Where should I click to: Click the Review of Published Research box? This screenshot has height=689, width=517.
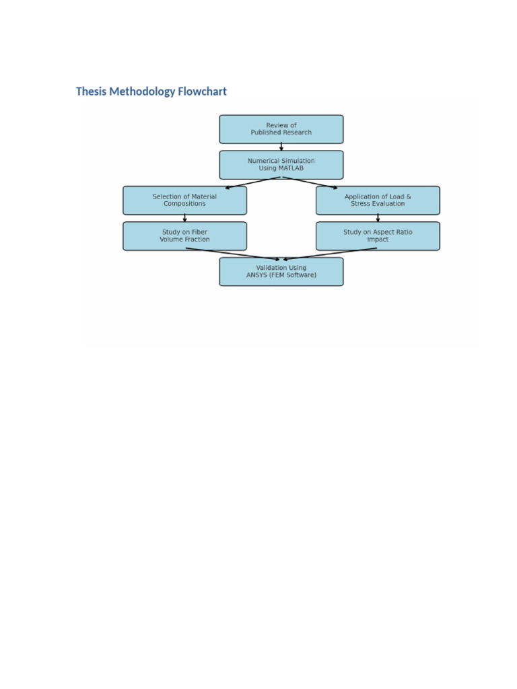(281, 129)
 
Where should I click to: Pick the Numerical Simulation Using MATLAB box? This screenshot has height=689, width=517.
(281, 165)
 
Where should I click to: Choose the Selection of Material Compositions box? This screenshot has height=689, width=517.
(184, 201)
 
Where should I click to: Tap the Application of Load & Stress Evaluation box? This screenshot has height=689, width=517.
(378, 201)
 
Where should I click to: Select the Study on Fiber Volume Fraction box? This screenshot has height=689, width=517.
(184, 236)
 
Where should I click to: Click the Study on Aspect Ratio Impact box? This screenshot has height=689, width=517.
(378, 236)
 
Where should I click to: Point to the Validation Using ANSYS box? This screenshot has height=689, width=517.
(281, 272)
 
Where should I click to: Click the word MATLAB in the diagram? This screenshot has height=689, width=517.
(290, 168)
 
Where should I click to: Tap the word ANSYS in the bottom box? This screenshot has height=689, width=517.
(258, 275)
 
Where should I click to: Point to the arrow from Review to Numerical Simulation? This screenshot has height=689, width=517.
(281, 147)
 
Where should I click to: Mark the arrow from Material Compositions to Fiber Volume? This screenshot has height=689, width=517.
(184, 218)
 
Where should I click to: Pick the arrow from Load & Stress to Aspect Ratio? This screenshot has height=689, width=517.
(378, 218)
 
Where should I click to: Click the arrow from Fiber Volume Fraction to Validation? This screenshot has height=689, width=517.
(232, 254)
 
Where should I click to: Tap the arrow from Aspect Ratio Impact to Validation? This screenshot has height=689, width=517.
(330, 254)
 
